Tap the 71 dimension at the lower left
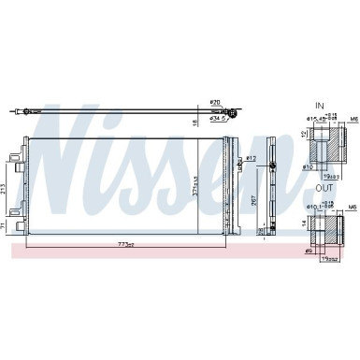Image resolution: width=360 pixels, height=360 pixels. click(7, 224)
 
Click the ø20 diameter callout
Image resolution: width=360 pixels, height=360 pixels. click(214, 101)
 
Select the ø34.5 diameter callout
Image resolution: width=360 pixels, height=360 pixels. click(216, 119)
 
